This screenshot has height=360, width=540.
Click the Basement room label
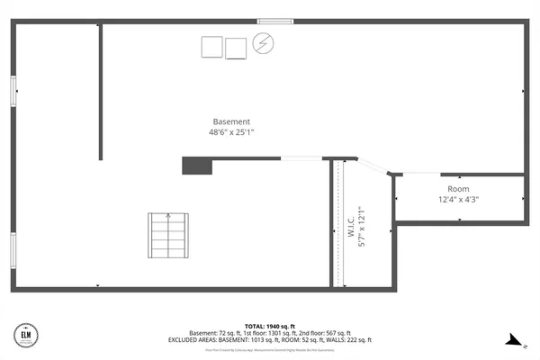231,121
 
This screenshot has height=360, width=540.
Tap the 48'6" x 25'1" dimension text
231,132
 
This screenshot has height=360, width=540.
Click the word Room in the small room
459,189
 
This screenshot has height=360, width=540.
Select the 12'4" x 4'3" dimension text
459,200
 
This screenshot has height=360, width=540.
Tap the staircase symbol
167,235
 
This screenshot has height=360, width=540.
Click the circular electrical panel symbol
263,43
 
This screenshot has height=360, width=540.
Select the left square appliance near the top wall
212,47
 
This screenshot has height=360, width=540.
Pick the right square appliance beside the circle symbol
236,48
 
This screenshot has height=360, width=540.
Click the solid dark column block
195,166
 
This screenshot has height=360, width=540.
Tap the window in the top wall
274,21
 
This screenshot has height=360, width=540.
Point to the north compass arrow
514,340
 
